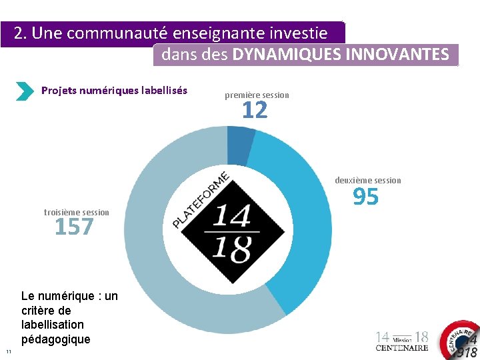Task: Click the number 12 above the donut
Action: coord(255,111)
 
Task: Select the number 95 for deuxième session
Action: coord(365,197)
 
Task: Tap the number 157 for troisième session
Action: coord(74,227)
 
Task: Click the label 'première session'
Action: coord(257,95)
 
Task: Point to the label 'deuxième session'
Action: coord(368,180)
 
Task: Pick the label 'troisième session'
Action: coord(76,212)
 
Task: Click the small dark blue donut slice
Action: coord(241,137)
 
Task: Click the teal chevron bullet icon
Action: coord(24,91)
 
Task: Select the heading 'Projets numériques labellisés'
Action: coord(114,90)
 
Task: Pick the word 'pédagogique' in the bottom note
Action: coord(55,339)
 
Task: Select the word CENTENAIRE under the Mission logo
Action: coord(402,348)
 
